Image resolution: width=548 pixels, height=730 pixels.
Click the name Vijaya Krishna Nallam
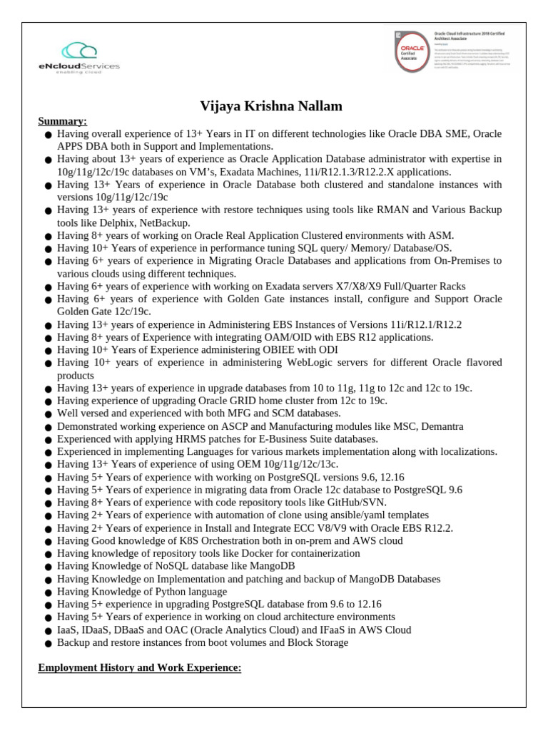click(x=271, y=106)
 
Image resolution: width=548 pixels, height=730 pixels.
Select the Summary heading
click(x=62, y=121)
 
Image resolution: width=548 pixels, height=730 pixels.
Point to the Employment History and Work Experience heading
click(x=140, y=668)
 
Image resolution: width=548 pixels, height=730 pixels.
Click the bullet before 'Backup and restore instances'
click(x=48, y=644)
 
